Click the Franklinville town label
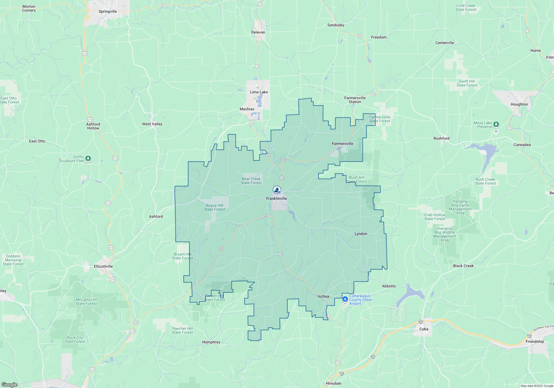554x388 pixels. click(276, 198)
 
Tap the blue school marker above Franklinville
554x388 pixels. click(277, 190)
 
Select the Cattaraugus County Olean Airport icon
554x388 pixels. click(345, 299)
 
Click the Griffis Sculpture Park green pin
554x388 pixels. click(88, 159)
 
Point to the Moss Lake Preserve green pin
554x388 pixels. click(496, 124)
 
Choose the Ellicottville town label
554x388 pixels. click(103, 266)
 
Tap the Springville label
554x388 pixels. click(108, 11)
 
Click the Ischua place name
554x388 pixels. click(323, 296)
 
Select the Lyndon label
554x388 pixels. click(361, 234)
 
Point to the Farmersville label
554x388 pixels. click(342, 144)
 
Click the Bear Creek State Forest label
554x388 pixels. click(251, 181)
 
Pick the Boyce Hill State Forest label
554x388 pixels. click(214, 207)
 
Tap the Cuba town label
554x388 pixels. click(424, 329)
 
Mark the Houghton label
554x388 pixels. click(519, 104)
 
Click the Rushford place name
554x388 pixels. click(441, 138)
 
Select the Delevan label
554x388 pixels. click(258, 32)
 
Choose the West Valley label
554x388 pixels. click(152, 124)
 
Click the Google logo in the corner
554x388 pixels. click(9, 384)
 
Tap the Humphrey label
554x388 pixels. click(211, 342)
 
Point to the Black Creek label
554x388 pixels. click(463, 266)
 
